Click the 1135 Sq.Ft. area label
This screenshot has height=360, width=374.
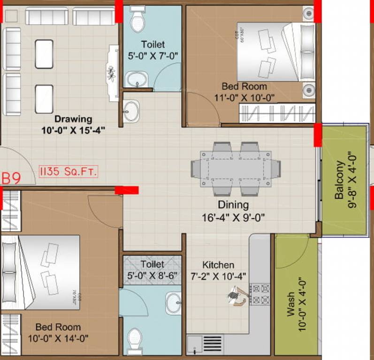[69, 172]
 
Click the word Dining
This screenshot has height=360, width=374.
[233, 205]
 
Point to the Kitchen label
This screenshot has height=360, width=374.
[218, 265]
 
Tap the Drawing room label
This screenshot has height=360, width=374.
[73, 119]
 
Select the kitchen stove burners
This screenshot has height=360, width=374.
[260, 294]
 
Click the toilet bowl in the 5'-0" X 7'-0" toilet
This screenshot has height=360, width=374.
[138, 20]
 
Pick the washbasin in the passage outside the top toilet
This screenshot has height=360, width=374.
[131, 111]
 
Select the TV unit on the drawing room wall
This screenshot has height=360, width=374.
[113, 73]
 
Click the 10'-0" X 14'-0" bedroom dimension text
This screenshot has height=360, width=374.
[58, 337]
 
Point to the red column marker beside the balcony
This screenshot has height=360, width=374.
[318, 135]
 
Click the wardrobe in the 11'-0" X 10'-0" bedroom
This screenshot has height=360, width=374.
[276, 113]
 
